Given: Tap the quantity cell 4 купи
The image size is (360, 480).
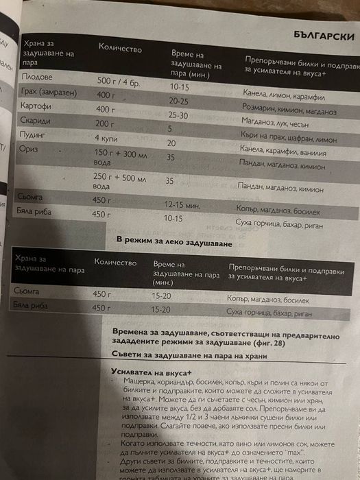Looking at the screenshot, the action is [x=107, y=138].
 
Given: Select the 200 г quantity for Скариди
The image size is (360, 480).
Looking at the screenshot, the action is [x=104, y=123].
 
